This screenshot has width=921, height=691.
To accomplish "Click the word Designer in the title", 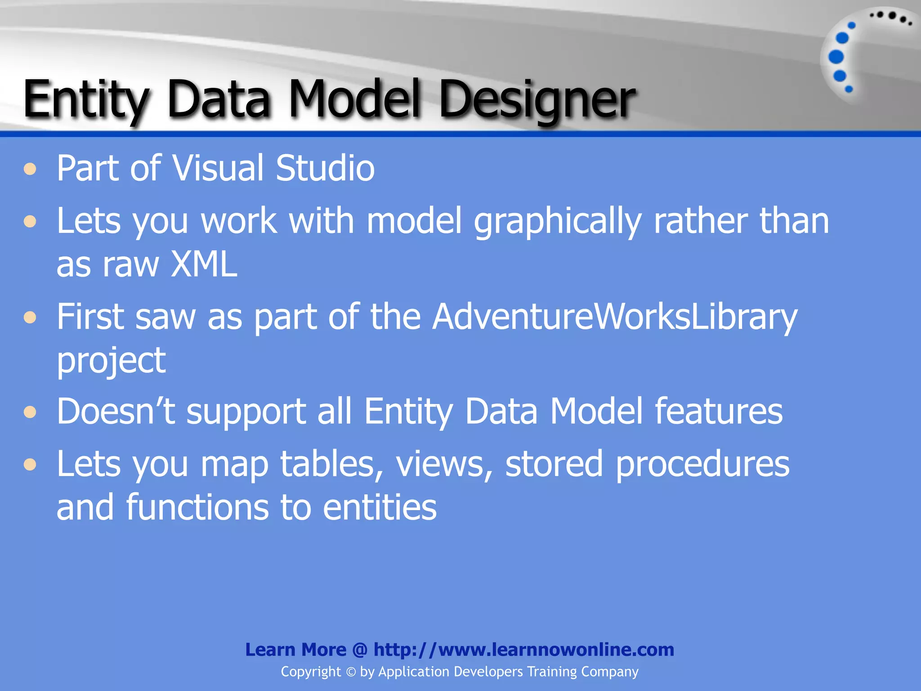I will tap(537, 100).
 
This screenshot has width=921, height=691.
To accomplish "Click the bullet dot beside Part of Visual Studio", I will tap(30, 170).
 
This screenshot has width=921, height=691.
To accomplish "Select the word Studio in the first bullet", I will tap(325, 168).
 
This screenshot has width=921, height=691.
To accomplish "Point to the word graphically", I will tap(557, 222).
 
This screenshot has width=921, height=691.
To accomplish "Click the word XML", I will tap(204, 265).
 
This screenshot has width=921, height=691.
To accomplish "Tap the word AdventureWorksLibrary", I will tap(614, 317).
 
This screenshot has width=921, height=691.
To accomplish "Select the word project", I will tap(111, 361).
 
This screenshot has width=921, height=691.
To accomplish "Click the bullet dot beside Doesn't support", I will tap(30, 412).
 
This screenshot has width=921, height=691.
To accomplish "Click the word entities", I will tap(380, 507).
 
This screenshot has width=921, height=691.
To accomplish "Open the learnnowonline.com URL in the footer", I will tap(523, 650).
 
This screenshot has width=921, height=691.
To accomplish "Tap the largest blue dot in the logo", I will tap(836, 57).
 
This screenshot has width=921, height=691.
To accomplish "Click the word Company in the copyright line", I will tap(609, 672).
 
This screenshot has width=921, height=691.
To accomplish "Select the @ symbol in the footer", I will tap(360, 650).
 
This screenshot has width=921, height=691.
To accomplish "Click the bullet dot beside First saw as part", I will tap(30, 318).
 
